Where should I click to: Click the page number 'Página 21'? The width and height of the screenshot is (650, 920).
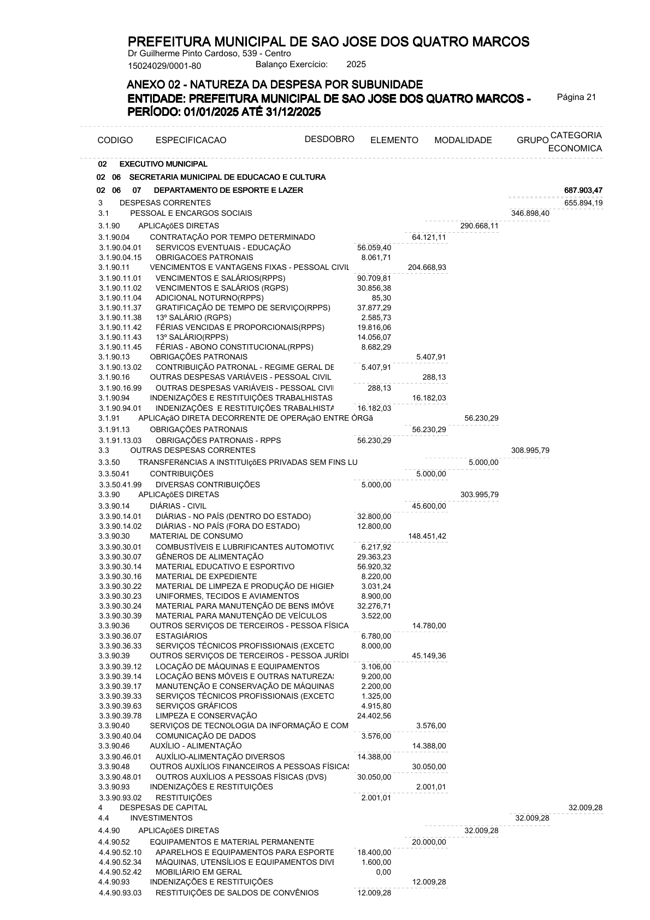tap(576, 97)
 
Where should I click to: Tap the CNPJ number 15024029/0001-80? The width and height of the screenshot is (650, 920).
tap(164, 67)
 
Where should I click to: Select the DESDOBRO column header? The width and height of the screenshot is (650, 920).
tap(329, 139)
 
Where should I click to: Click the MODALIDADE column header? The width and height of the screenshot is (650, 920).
tap(463, 140)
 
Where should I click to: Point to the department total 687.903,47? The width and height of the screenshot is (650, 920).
tap(583, 190)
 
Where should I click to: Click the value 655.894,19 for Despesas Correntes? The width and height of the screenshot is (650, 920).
tap(583, 203)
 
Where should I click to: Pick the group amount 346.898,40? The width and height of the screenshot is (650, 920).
tap(530, 213)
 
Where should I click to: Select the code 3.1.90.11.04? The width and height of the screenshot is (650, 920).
tap(120, 298)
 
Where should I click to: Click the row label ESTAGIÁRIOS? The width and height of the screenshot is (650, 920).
tap(181, 636)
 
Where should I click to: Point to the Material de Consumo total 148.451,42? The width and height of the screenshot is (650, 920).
tap(427, 536)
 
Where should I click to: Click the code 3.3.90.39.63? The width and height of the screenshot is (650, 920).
tap(120, 706)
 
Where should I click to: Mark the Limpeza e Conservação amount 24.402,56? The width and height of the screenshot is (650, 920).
tap(374, 716)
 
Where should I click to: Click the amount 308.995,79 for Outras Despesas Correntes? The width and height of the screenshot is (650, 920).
tap(530, 450)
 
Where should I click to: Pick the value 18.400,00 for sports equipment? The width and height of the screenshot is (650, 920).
tap(374, 852)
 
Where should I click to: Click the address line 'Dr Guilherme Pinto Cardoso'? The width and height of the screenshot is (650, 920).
tap(209, 54)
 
